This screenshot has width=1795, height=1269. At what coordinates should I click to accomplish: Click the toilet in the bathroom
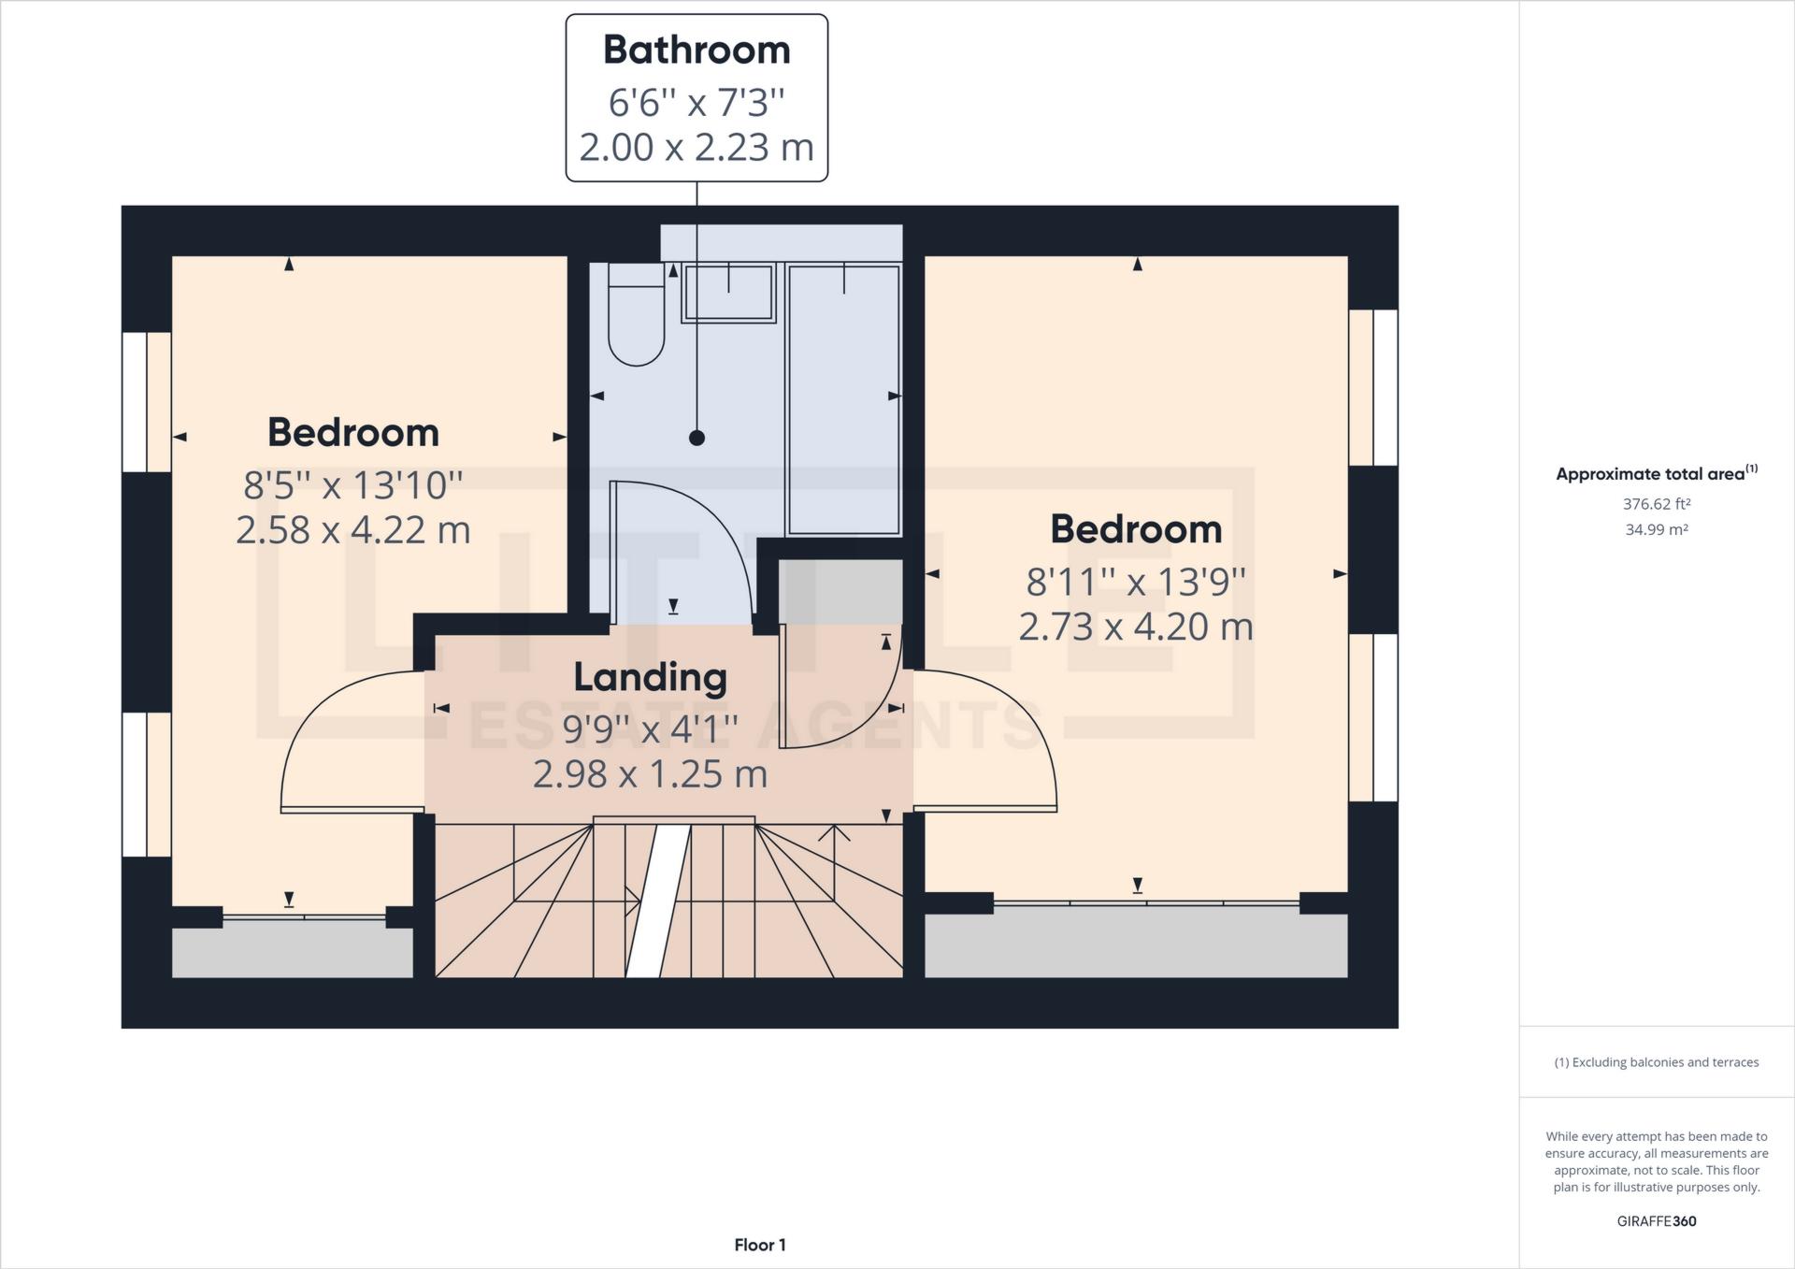click(636, 323)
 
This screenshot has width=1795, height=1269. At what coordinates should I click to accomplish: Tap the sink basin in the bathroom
click(728, 293)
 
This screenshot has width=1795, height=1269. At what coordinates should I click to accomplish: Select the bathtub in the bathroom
click(843, 400)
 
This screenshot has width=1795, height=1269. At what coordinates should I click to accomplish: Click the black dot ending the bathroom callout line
click(696, 438)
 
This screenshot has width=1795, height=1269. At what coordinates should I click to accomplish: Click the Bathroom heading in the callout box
click(696, 50)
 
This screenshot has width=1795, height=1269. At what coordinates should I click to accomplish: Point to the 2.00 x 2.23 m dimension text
click(696, 148)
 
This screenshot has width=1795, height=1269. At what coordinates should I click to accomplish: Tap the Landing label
click(650, 677)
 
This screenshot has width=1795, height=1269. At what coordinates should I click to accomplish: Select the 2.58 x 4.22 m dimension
click(352, 530)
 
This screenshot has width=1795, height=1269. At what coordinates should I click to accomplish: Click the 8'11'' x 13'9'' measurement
click(1136, 582)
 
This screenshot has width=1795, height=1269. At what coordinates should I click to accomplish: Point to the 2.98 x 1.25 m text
click(650, 774)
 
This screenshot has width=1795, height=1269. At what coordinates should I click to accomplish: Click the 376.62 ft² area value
click(1657, 504)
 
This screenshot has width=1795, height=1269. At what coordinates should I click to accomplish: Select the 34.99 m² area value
click(1657, 529)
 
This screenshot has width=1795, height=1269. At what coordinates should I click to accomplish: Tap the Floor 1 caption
click(759, 1245)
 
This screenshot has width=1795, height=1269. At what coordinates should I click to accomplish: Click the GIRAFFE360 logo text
click(1657, 1221)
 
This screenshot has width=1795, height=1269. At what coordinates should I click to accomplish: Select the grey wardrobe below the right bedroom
click(1136, 945)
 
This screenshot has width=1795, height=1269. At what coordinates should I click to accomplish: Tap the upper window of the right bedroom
click(1372, 387)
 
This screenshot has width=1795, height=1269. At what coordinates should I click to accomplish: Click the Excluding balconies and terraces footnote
click(1657, 1062)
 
